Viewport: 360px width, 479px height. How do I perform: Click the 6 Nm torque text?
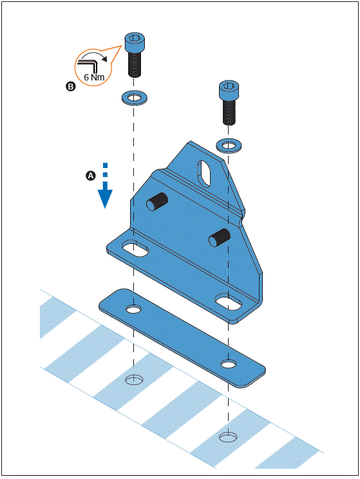93,76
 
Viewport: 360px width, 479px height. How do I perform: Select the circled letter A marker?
91,175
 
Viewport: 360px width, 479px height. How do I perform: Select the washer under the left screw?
133,99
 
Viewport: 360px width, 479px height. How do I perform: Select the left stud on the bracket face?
156,202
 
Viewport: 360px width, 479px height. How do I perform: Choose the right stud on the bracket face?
218,237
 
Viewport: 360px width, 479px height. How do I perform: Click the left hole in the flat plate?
133,310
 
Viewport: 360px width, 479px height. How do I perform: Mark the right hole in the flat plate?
228,364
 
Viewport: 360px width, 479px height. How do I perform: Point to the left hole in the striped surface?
133,380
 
